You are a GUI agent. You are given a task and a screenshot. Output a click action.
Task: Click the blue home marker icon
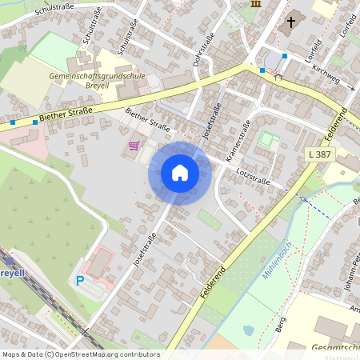tap(180, 173)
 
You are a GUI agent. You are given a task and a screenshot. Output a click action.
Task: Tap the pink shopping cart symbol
tap(134, 146)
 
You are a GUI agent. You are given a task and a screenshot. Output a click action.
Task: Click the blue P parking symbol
tap(79, 280)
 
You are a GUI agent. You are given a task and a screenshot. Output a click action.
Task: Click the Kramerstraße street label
tap(241, 138)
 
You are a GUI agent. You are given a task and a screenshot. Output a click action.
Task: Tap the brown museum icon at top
tap(255, 4)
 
